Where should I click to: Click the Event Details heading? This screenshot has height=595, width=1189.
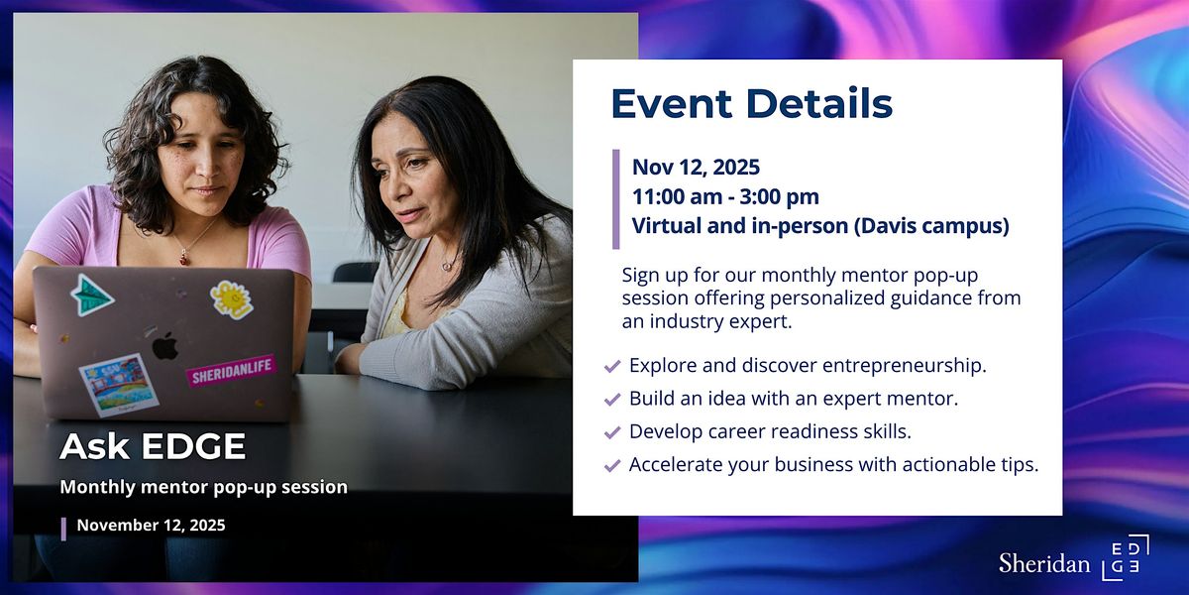[751, 103]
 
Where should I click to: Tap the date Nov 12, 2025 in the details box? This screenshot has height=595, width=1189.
[696, 167]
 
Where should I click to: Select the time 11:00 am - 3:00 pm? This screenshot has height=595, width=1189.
[725, 196]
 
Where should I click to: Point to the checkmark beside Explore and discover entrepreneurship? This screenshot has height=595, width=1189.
[611, 366]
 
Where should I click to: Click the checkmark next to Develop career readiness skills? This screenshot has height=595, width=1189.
[611, 432]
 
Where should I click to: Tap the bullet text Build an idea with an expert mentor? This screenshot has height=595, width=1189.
[794, 399]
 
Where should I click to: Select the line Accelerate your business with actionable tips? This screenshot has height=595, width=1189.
[833, 465]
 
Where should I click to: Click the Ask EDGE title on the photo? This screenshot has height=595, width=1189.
[153, 446]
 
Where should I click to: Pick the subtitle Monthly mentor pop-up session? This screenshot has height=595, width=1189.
[203, 487]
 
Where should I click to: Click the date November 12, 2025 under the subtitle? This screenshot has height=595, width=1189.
[151, 526]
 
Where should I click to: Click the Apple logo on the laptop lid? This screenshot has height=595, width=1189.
[164, 346]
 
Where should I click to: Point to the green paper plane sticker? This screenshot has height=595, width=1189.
[92, 294]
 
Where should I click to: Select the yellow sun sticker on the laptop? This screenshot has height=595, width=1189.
[232, 298]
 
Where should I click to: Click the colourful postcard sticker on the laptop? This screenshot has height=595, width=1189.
[118, 385]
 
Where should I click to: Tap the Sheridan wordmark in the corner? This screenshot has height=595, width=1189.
[1043, 563]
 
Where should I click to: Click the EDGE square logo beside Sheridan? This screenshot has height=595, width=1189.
[1125, 558]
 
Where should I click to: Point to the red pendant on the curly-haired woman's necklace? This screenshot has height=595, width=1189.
[183, 259]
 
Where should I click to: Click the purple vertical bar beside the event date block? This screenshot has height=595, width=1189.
[616, 198]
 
